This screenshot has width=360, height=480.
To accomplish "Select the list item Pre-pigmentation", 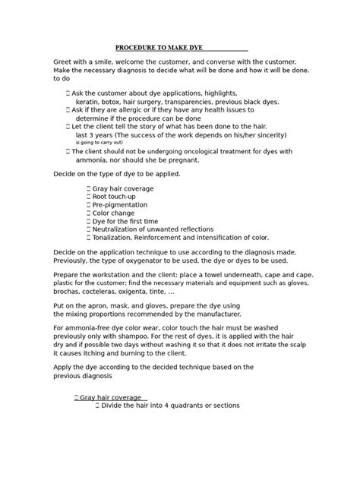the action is point(122,205).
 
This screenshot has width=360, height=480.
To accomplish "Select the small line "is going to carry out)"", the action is point(99,142).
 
